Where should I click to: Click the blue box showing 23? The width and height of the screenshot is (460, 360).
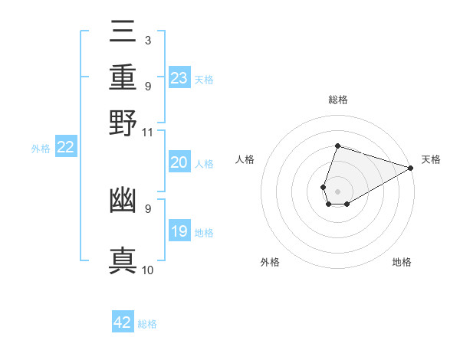pos(179,77)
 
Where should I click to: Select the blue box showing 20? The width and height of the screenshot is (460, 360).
pos(179,162)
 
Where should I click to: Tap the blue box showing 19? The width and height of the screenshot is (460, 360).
pos(179,231)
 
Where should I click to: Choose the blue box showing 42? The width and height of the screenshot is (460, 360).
pos(123,322)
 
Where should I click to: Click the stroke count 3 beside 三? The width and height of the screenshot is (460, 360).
pos(147,40)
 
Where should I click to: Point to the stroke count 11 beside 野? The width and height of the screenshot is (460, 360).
pos(147,133)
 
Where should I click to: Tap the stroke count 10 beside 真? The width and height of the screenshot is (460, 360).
pos(147,270)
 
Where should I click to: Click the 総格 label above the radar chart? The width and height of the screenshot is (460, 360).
pos(337,100)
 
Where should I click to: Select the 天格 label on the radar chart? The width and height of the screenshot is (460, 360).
pos(431,159)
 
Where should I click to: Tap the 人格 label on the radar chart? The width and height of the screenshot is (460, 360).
pos(245,159)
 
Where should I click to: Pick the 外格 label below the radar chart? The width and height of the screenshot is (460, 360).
pos(270,262)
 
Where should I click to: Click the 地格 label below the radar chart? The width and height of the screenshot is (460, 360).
pos(402,262)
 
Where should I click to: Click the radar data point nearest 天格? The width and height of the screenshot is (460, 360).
pos(410,167)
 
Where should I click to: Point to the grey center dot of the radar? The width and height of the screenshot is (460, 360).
pos(337,190)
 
